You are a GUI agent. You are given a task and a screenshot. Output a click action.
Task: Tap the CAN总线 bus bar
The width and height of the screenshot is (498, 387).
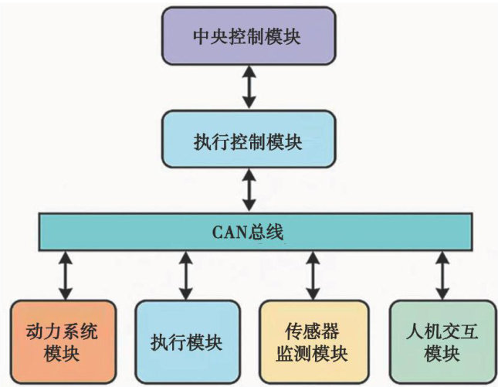[x=255, y=230]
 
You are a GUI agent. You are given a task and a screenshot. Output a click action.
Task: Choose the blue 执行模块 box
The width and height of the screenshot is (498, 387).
[x=185, y=341]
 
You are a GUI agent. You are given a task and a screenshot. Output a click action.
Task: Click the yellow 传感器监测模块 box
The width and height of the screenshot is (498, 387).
[x=311, y=341]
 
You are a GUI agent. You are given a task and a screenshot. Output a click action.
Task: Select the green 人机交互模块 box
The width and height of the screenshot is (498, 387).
[x=440, y=341]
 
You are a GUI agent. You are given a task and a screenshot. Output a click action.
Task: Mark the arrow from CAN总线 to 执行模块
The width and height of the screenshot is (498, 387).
[x=186, y=274]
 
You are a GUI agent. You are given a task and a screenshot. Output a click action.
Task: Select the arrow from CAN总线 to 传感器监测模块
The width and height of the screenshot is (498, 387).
[x=311, y=274]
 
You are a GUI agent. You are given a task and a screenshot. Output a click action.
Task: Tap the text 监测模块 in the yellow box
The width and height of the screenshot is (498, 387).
[x=311, y=354]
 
